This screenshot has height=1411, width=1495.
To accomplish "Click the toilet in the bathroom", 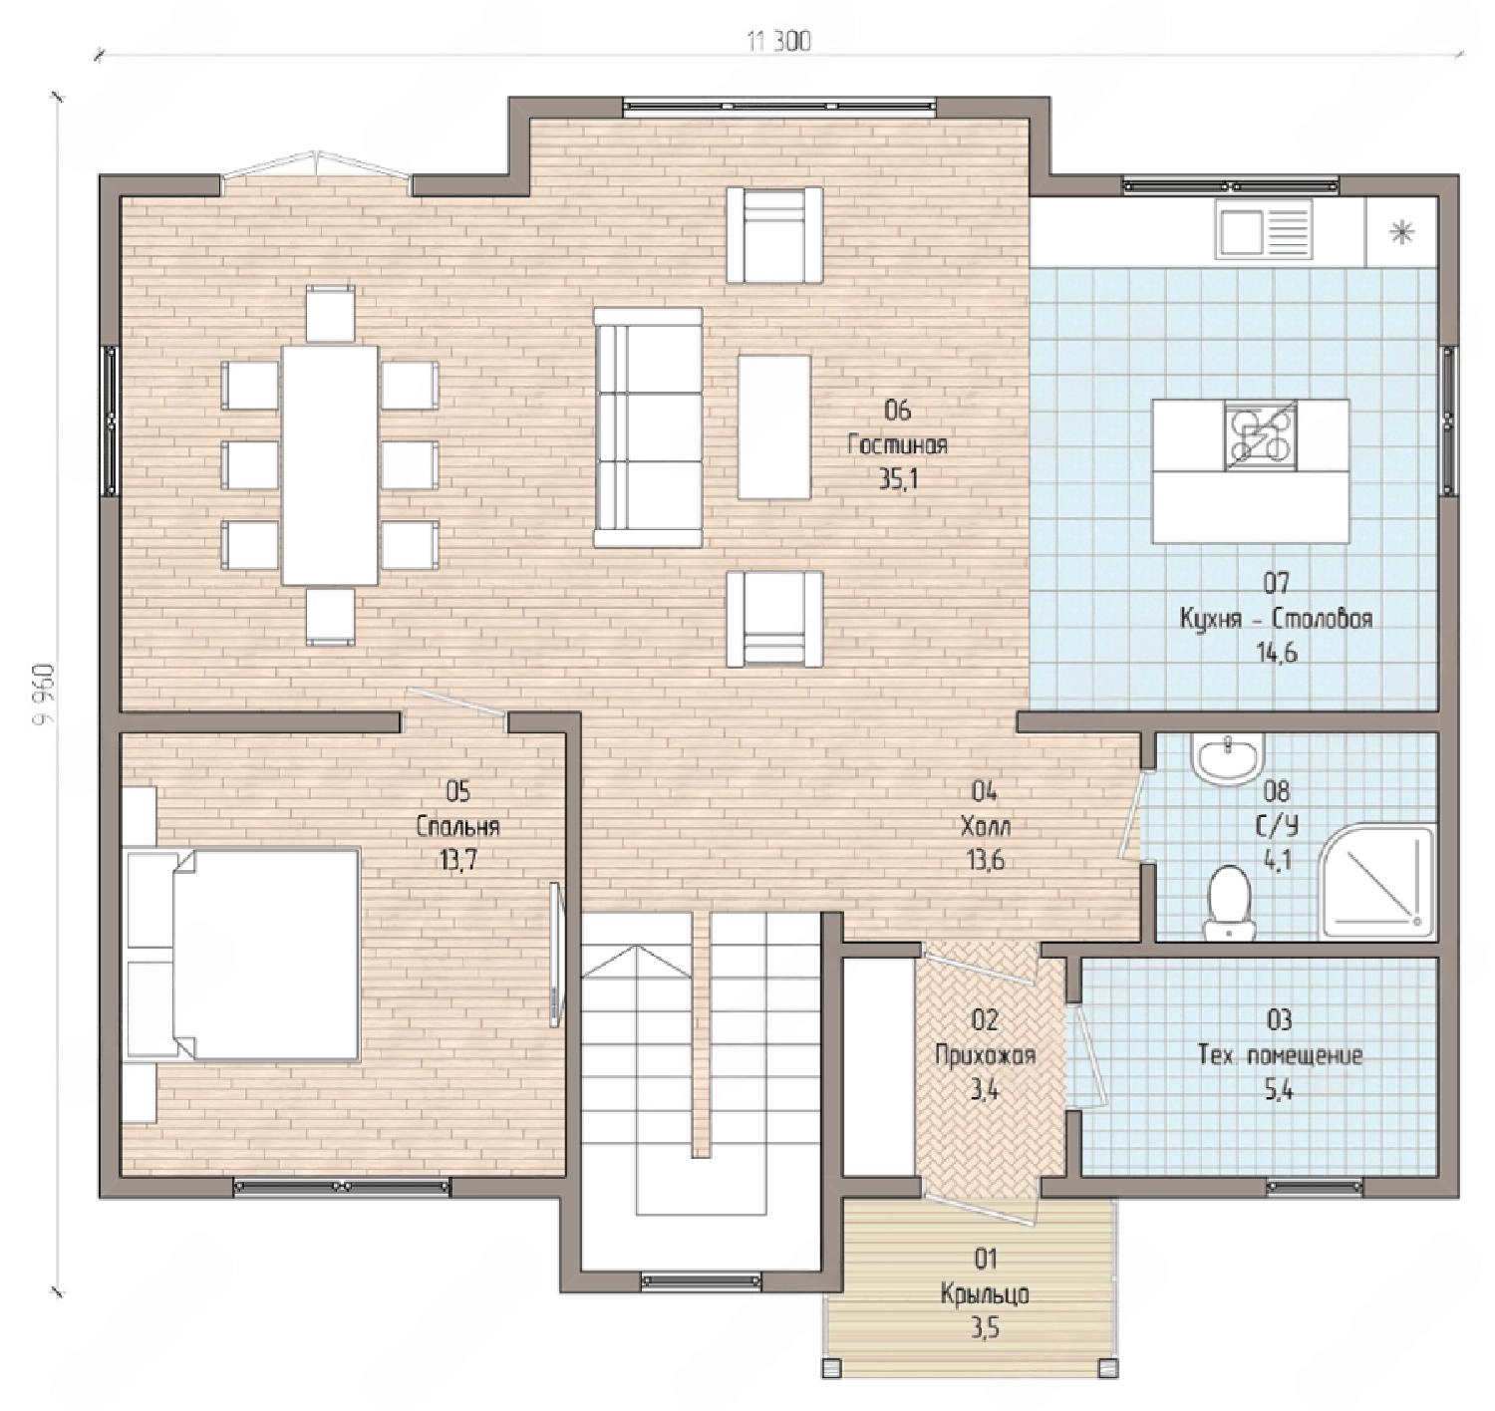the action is coord(1229,903).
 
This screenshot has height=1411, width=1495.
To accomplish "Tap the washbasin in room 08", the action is coord(1228,759).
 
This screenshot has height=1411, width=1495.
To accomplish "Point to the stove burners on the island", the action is coord(1261,435).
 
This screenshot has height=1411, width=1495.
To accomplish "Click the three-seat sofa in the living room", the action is coord(648,426).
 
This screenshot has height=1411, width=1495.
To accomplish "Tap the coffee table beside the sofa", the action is coord(773,426).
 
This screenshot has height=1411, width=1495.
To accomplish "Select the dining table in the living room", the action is coord(330,464).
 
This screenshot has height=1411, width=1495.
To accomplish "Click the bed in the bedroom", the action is coord(242,956).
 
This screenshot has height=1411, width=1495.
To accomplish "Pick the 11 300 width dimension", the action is coord(779,42).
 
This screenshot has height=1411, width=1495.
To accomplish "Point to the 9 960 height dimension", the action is coord(44,693).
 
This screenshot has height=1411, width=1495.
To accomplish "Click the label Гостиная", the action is coord(897,445).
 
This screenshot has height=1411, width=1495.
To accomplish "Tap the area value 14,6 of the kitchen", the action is coord(1277,653).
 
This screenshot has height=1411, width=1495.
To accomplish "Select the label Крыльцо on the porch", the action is coord(985,1294).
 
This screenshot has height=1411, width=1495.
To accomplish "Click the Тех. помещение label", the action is coord(1280,1055).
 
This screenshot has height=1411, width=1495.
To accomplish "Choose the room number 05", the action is coord(457,791).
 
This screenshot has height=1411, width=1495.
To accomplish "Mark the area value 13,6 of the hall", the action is coord(985,860).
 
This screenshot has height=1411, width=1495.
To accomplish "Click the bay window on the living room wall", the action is coord(316,169).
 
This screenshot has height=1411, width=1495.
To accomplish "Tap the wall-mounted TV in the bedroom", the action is coord(555,954).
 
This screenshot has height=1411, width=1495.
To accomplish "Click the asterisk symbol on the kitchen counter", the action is coord(1401,232).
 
